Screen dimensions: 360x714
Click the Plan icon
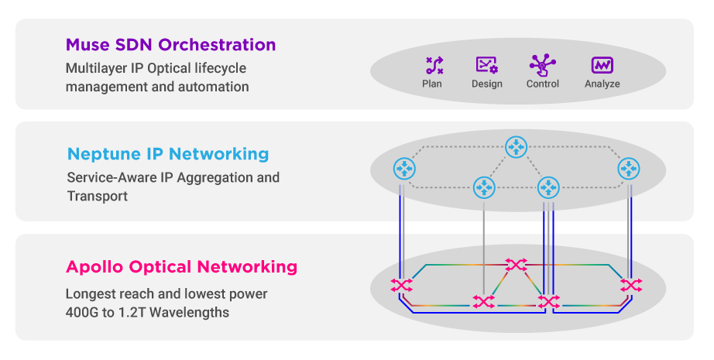(x=434, y=65)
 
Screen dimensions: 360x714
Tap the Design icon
(x=486, y=65)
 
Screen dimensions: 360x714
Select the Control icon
(x=542, y=64)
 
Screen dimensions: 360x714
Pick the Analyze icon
(x=602, y=65)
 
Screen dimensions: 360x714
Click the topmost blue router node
(x=516, y=147)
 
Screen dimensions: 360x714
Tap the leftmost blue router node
(x=404, y=168)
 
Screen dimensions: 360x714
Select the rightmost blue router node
(x=628, y=168)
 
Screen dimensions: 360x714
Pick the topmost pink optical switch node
(x=515, y=266)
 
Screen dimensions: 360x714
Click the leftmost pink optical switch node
(x=401, y=285)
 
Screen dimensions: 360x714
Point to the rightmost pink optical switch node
(x=631, y=285)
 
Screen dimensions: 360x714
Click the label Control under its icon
(x=542, y=84)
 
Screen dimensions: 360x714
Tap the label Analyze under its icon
(x=602, y=84)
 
